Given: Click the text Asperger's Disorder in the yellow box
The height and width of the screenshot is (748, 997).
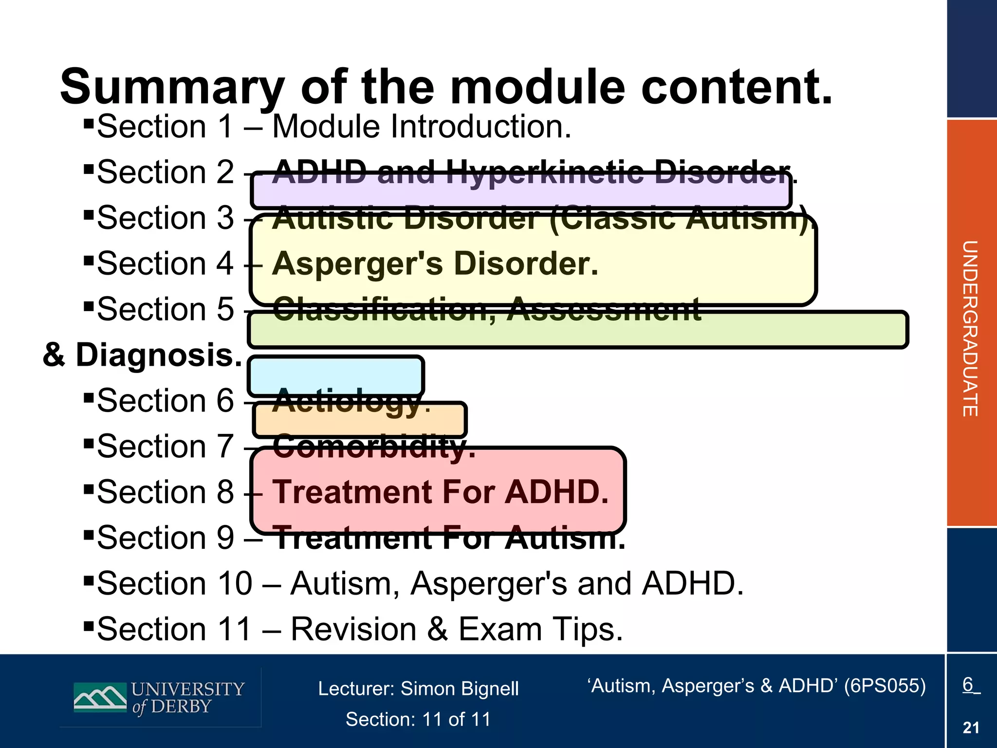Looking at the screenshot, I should [x=435, y=264].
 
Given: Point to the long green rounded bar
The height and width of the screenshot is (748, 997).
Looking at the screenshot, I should [x=577, y=330].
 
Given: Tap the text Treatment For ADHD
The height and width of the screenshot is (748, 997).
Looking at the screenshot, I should [x=440, y=492].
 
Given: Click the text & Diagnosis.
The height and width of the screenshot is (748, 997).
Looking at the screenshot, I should [x=142, y=355].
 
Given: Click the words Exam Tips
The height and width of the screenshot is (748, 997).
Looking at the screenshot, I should [x=540, y=629].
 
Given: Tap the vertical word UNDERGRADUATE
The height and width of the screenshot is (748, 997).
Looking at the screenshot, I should [x=970, y=328].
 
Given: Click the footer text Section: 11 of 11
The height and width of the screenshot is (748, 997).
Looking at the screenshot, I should [x=418, y=719].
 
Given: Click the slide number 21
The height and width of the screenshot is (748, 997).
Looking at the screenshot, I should [x=971, y=728].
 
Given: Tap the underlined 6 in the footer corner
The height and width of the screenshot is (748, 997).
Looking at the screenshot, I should [x=968, y=685].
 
